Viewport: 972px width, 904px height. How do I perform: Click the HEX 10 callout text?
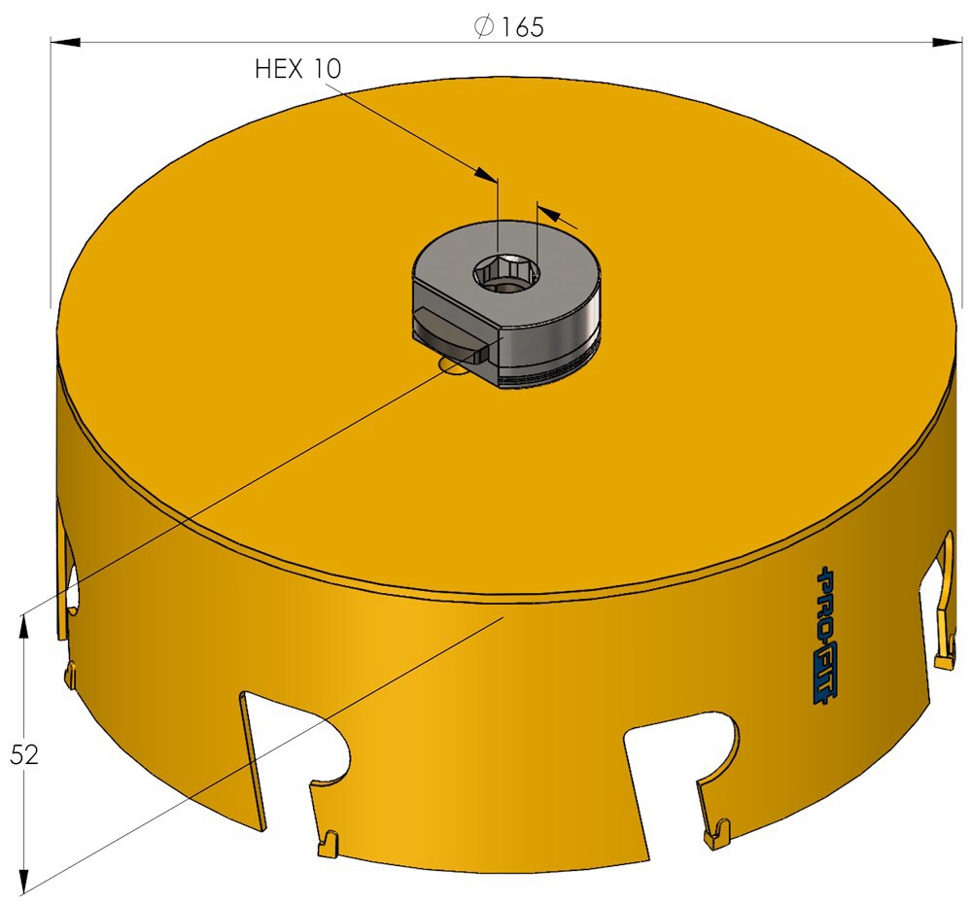298,69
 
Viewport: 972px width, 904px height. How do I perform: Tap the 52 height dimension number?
24,754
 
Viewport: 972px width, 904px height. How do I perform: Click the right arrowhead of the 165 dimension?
948,42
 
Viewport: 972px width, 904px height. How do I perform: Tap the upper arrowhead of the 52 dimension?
23,629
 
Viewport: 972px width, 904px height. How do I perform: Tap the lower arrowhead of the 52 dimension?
23,878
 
